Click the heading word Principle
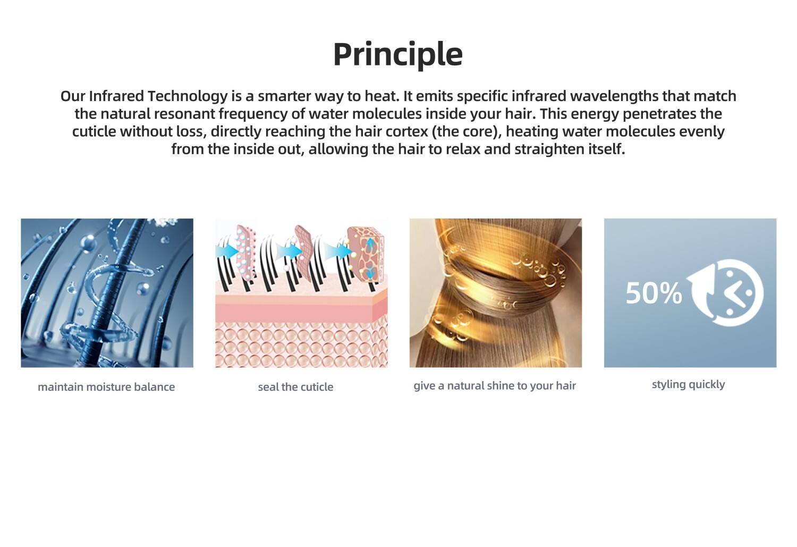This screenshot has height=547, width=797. click(398, 54)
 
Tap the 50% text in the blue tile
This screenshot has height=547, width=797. click(654, 293)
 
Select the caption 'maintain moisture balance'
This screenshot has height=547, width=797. click(106, 387)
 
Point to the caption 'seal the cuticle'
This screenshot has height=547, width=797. click(295, 387)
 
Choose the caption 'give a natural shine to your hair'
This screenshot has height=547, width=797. click(495, 386)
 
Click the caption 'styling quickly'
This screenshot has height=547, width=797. click(689, 385)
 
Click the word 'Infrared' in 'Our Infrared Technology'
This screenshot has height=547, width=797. click(116, 96)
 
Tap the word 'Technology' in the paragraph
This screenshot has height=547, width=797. click(188, 97)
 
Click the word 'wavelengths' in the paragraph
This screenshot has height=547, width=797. click(615, 97)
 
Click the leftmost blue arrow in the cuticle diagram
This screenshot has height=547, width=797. click(227, 250)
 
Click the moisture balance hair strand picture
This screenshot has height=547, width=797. click(107, 293)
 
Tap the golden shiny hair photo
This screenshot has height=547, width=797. click(496, 293)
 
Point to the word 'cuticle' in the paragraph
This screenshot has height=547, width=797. click(94, 132)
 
